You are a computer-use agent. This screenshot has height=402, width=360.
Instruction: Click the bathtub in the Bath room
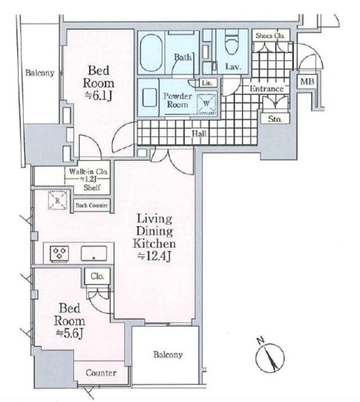[x=152, y=53]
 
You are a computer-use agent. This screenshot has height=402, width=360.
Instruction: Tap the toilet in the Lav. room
[x=232, y=42]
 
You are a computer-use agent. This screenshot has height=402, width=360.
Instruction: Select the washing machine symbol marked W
[x=206, y=104]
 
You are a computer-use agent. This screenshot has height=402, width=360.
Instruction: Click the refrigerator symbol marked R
[x=57, y=200]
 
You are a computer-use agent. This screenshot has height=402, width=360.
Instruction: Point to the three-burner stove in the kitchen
[x=60, y=254]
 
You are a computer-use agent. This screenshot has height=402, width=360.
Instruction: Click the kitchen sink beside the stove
[x=94, y=254]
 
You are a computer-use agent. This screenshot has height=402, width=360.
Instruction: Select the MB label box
[x=307, y=82]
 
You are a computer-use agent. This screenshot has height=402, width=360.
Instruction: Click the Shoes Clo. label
[x=270, y=36]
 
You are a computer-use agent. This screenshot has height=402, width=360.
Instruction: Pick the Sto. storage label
[x=275, y=119]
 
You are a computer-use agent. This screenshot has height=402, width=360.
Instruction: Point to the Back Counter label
[x=92, y=205]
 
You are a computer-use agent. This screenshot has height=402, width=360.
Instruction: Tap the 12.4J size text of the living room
[x=155, y=257]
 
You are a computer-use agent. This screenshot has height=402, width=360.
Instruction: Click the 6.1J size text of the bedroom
[x=99, y=96]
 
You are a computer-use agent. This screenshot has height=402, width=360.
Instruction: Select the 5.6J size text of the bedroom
[x=70, y=334]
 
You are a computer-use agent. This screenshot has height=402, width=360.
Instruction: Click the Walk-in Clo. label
[x=89, y=171]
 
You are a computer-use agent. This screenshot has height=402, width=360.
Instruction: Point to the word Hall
[x=199, y=134]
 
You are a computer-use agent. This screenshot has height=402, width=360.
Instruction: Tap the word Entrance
[x=266, y=89]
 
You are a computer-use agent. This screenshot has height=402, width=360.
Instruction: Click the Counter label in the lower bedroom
[x=101, y=372]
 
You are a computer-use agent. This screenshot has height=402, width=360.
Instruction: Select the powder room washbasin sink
[x=149, y=98]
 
